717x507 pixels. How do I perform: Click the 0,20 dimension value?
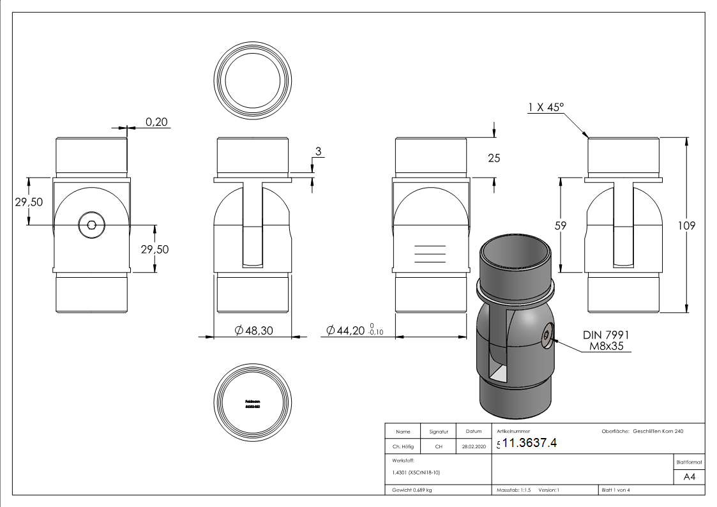[156, 122]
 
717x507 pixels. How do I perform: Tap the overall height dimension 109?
[687, 225]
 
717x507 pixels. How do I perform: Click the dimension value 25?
[494, 158]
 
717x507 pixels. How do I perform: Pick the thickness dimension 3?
[317, 151]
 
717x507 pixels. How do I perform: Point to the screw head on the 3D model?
[547, 335]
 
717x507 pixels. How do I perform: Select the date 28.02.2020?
[473, 447]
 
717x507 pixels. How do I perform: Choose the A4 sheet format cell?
[689, 477]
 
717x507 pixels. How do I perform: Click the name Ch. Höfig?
[402, 447]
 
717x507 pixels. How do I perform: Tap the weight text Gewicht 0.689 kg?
[413, 490]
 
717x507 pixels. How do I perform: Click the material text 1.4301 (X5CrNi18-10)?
[416, 473]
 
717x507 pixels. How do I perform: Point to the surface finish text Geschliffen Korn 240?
[658, 432]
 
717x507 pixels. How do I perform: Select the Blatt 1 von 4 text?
[615, 490]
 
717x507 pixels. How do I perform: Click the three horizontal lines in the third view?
[430, 253]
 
